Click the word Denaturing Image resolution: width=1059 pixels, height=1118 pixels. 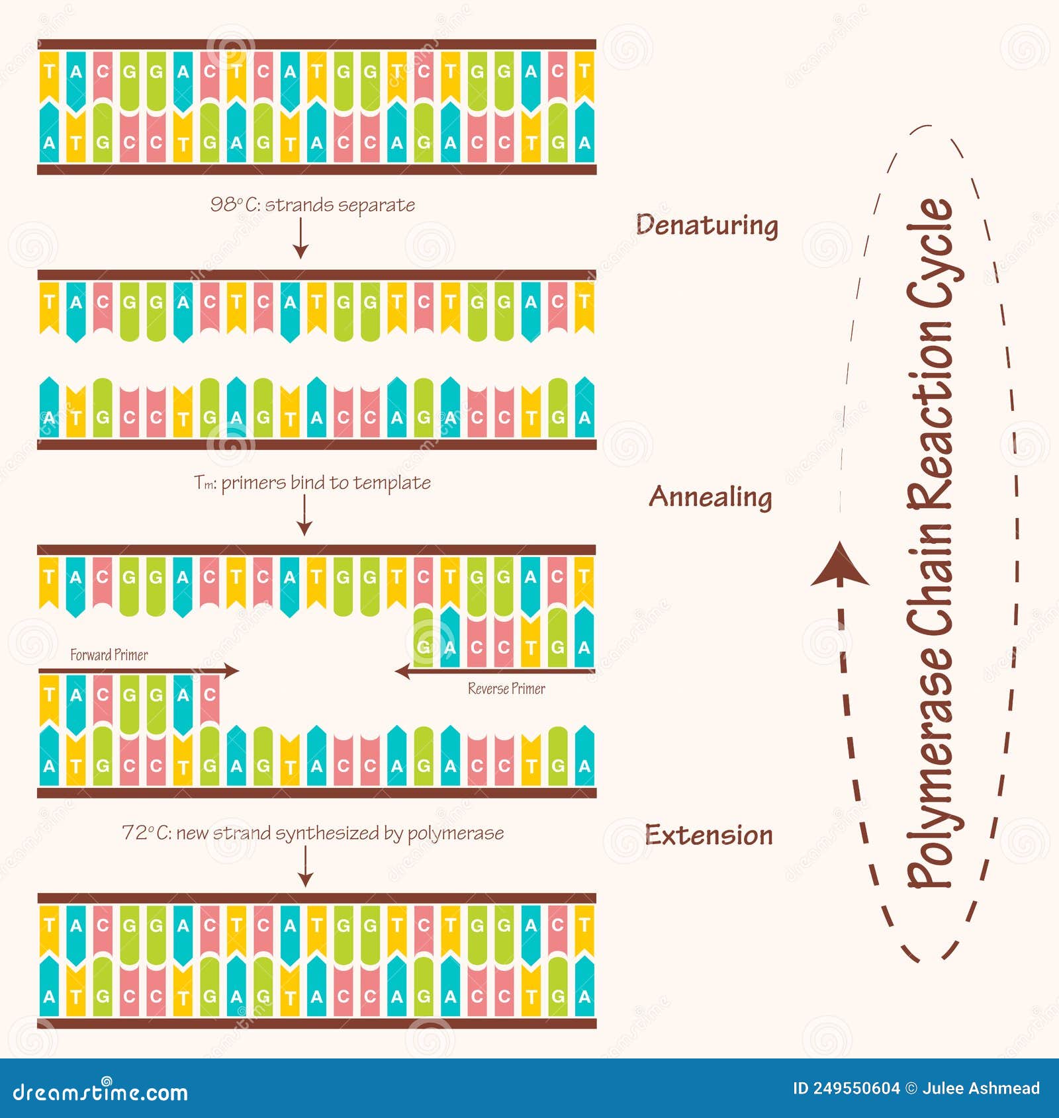point(707,226)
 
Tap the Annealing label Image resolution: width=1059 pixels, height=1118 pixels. point(710,497)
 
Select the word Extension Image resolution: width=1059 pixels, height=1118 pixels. point(709,835)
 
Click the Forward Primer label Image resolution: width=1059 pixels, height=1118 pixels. point(109,655)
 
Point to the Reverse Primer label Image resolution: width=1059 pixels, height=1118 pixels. point(506,689)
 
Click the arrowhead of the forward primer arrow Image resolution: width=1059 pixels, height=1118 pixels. point(232,671)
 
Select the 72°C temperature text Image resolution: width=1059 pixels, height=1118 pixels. point(146,833)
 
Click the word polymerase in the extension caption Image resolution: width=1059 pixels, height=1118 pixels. point(455,834)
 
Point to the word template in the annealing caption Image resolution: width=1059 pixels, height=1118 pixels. point(392,483)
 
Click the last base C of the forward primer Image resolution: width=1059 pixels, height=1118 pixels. point(210,695)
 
